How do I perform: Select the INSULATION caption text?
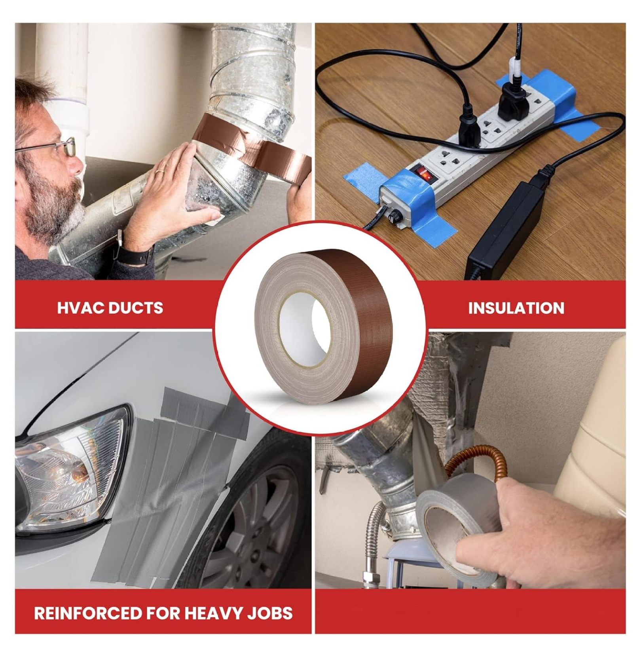pyautogui.click(x=516, y=308)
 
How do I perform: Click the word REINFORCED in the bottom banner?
pyautogui.click(x=87, y=613)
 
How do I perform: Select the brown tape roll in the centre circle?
pyautogui.click(x=320, y=327)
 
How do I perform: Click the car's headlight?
pyautogui.click(x=71, y=471)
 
